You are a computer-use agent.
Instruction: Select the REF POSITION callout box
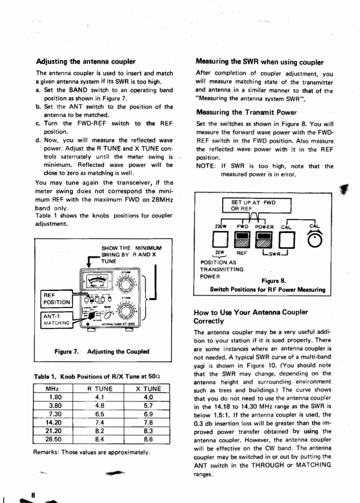56,299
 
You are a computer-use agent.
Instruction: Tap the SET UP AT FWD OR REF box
257,205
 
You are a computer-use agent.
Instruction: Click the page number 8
33,494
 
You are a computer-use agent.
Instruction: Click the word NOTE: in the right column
207,166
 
